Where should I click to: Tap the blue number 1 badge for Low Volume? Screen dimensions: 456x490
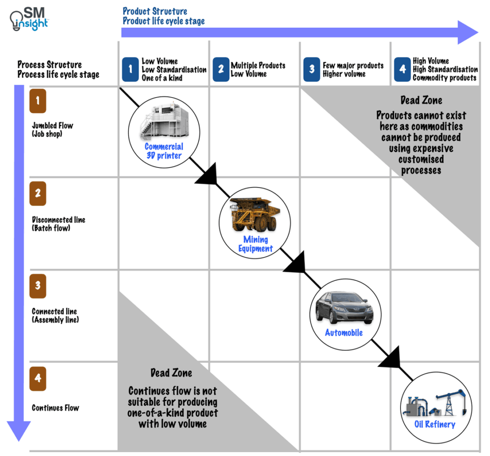point(130,70)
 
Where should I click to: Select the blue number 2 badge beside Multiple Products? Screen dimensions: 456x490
point(221,70)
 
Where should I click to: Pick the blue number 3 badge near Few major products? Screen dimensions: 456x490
point(312,70)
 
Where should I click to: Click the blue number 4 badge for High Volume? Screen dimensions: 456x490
point(402,70)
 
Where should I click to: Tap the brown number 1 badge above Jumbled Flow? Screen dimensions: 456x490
point(38,101)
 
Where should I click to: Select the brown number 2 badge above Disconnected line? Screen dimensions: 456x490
point(38,194)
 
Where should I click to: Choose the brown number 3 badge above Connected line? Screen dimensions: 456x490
point(38,286)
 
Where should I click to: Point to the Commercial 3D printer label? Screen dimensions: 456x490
point(164,151)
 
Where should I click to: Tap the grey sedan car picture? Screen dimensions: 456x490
point(344,307)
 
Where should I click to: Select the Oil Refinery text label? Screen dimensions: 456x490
point(434,424)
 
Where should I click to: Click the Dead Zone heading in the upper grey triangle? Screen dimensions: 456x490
point(421,100)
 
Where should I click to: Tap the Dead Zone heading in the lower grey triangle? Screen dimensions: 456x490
point(171,373)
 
